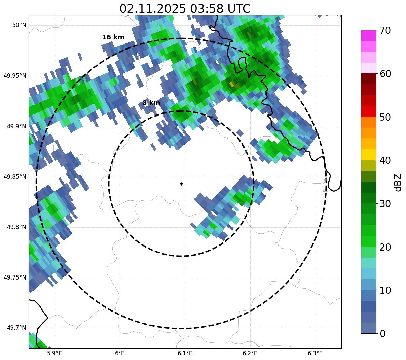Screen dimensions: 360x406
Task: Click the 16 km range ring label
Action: [113, 37]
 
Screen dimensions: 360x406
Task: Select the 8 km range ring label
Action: [151, 103]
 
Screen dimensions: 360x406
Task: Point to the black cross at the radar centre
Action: [182, 184]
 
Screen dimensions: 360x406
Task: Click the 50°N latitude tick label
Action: [20, 25]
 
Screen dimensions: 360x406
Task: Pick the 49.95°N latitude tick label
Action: [15, 76]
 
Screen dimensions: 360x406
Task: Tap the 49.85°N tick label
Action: [15, 177]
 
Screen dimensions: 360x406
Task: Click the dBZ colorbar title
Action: [398, 182]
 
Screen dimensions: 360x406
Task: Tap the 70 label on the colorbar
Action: [385, 31]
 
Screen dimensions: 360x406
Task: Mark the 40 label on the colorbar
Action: [385, 161]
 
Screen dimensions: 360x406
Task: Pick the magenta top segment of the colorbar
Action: [368, 35]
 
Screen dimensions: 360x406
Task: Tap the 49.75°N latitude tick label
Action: [15, 277]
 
